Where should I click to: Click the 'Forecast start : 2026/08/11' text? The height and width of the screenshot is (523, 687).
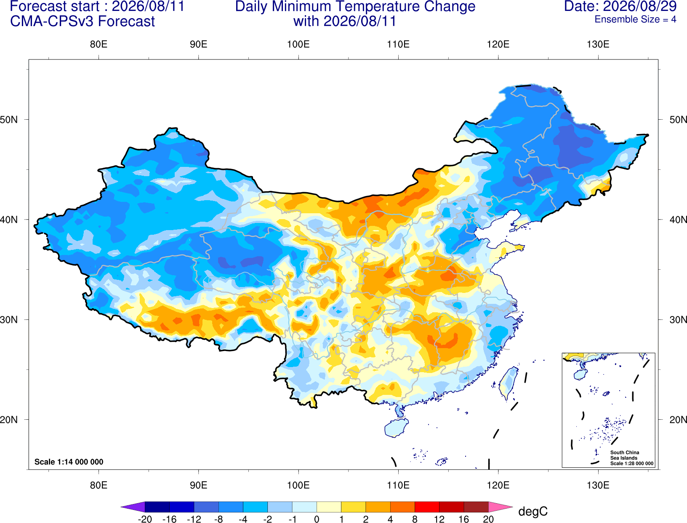[x=97, y=6]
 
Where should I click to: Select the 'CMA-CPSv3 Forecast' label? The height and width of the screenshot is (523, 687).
[x=83, y=21]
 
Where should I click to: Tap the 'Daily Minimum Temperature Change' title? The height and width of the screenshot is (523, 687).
[x=355, y=7]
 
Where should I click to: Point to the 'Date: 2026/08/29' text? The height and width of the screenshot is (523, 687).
[x=620, y=6]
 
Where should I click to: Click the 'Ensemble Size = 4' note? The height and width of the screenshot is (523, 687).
[x=635, y=19]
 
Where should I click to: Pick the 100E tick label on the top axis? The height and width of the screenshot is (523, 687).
[x=298, y=44]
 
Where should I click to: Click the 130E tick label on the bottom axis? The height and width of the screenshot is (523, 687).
[x=598, y=485]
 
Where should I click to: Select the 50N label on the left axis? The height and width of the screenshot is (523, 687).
[x=9, y=119]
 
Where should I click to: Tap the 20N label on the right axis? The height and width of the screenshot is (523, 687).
[x=678, y=420]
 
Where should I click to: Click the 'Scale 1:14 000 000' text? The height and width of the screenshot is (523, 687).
[x=69, y=462]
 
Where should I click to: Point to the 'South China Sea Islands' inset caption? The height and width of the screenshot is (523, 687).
[x=625, y=455]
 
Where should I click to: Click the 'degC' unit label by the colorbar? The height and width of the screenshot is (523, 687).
[x=533, y=511]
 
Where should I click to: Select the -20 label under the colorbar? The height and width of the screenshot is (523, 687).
[x=145, y=519]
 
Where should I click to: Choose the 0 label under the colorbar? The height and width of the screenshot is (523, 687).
[x=317, y=519]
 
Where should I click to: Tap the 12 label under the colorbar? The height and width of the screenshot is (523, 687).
[x=439, y=519]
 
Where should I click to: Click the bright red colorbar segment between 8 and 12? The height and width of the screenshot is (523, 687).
[x=427, y=507]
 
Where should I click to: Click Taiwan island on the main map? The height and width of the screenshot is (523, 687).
[x=508, y=383]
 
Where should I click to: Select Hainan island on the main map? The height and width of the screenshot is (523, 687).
[x=396, y=427]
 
